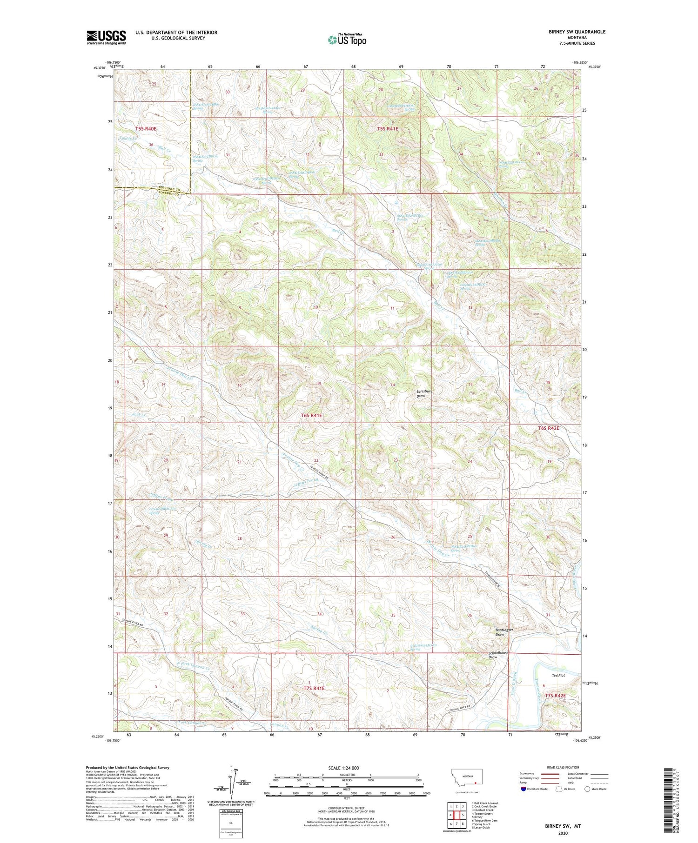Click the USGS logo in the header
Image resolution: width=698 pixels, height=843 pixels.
click(106, 37)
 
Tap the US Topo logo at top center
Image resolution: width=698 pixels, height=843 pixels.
click(347, 40)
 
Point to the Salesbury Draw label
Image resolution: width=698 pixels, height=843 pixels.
click(423, 393)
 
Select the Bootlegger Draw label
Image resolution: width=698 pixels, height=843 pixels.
click(503, 631)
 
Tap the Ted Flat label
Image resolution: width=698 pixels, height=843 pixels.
click(558, 675)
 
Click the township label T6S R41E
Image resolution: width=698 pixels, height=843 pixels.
click(311, 415)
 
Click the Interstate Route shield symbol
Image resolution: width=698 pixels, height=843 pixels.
click(523, 789)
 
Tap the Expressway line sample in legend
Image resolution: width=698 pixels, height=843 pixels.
click(550, 774)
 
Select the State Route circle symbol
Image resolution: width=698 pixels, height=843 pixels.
click(587, 789)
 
